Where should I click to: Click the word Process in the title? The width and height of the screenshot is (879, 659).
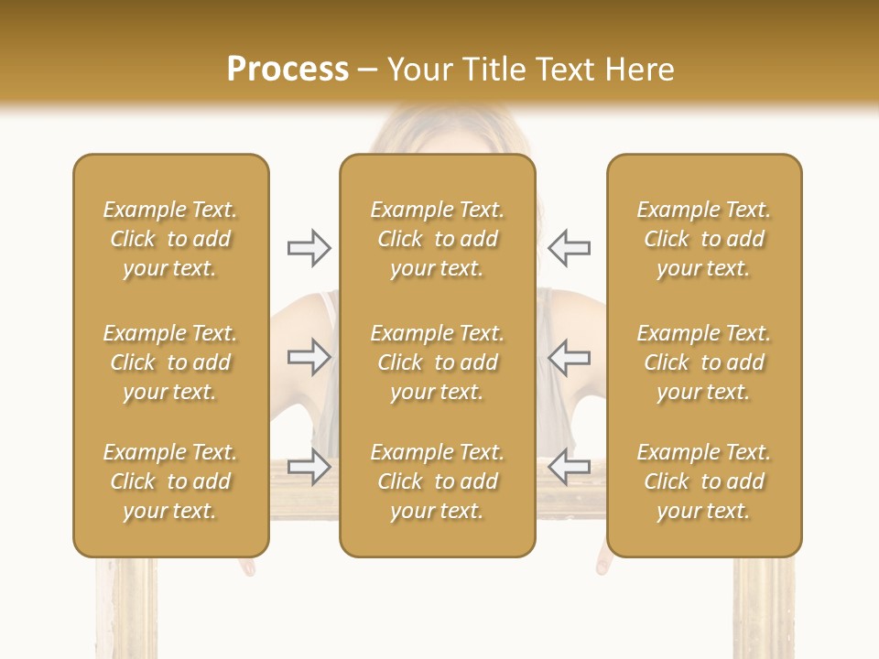(288, 70)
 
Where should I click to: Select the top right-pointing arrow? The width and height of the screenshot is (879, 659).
(309, 248)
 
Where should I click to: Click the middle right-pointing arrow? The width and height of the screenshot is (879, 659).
(309, 357)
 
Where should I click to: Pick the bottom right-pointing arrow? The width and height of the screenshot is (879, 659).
(309, 467)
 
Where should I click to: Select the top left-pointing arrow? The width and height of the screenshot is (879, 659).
(569, 248)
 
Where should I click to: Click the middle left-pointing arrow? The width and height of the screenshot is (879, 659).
(569, 357)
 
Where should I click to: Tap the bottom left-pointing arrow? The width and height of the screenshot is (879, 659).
(569, 467)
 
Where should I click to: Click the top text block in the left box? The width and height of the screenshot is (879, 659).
(170, 239)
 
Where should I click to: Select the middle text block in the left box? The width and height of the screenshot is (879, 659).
(170, 362)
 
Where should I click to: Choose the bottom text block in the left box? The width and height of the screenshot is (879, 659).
(170, 481)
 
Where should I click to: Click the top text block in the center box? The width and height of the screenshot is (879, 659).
(437, 239)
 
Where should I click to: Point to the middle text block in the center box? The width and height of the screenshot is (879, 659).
(437, 362)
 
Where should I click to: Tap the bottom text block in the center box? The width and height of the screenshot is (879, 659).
(437, 481)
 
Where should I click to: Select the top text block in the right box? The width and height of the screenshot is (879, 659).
(703, 239)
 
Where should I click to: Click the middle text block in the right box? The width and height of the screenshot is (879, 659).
(703, 362)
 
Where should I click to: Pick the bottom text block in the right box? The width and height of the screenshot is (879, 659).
(703, 481)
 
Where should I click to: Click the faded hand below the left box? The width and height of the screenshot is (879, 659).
(247, 567)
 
